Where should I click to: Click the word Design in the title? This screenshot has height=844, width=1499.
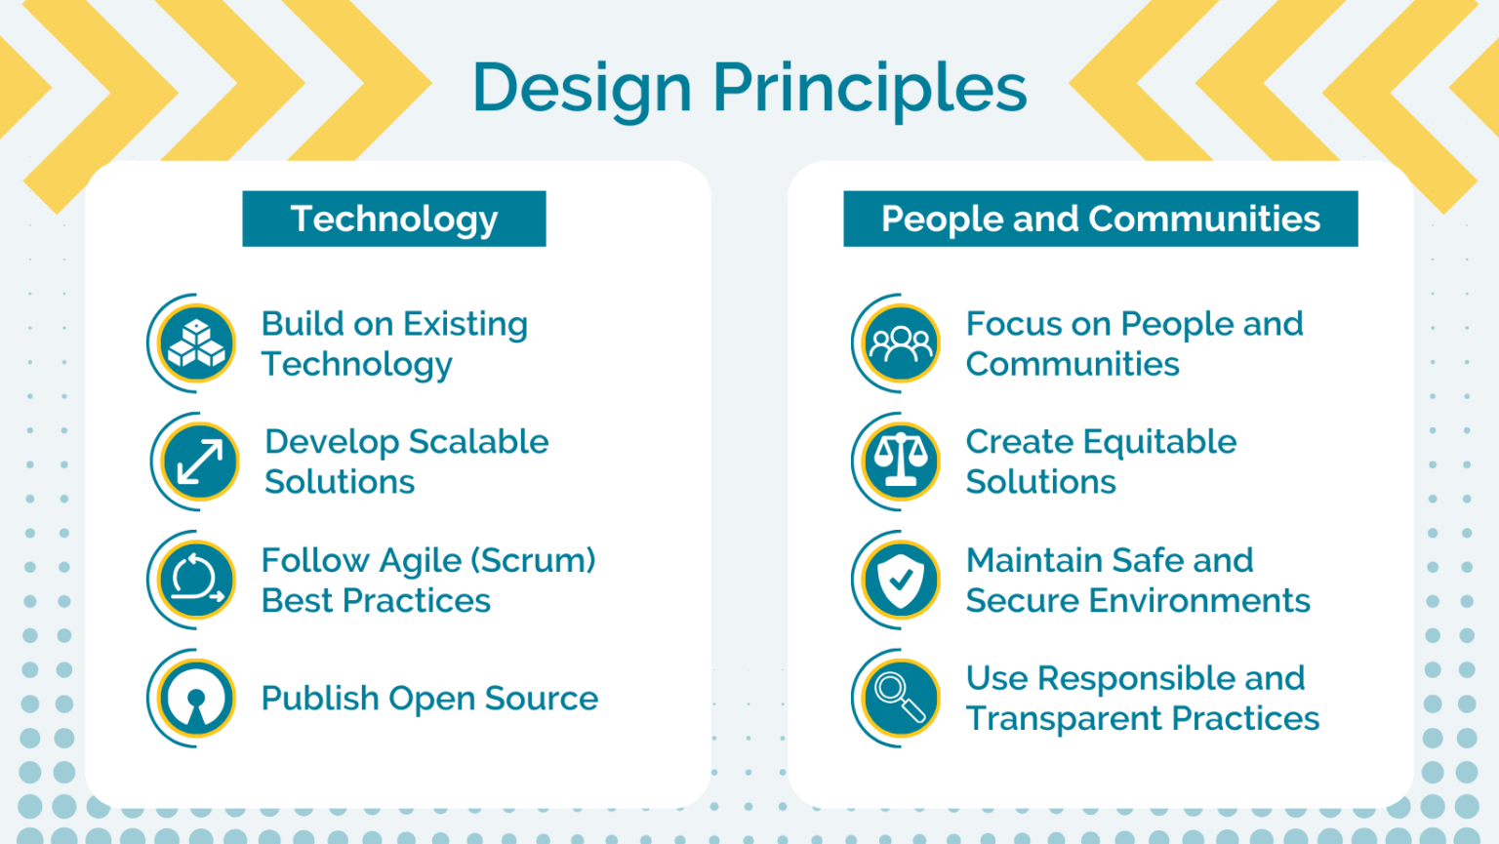[582, 88]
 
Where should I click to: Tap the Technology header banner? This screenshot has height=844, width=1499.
[394, 219]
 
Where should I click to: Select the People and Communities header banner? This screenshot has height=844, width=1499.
[1100, 219]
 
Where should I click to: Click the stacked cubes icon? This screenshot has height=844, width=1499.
[197, 343]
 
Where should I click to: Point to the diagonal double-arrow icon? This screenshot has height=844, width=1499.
[200, 462]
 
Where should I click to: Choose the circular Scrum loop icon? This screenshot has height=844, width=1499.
[197, 581]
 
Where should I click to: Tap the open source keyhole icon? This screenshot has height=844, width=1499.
[197, 699]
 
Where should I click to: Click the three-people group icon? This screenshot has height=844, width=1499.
[901, 343]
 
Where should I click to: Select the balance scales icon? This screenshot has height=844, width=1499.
[901, 462]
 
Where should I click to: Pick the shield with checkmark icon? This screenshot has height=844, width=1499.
[901, 581]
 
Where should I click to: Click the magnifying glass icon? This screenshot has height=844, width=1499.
[901, 699]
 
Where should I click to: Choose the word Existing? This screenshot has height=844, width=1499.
[466, 324]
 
